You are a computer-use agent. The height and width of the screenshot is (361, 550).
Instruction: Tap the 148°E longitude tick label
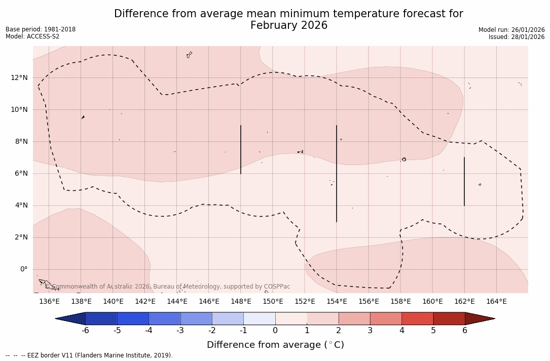241,302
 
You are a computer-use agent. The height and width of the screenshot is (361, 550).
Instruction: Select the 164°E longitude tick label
496,302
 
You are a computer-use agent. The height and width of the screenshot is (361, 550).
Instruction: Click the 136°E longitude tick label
49,302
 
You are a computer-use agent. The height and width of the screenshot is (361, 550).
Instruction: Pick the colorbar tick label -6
85,331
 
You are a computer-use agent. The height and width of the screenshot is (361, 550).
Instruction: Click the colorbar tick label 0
275,331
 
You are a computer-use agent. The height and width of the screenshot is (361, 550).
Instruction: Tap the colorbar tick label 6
465,331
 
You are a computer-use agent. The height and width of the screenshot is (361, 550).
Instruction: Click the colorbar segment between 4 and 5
417,318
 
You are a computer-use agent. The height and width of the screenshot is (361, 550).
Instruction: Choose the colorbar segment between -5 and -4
133,318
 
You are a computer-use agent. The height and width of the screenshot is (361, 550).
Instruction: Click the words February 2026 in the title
289,25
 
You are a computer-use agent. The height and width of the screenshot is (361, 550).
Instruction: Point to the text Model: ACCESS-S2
32,36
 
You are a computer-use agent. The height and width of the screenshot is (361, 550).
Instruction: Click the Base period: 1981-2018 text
41,29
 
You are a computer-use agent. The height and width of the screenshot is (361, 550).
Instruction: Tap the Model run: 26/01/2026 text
511,30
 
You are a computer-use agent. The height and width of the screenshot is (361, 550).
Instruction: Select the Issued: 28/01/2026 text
517,37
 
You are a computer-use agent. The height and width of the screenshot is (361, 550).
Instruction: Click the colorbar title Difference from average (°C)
275,345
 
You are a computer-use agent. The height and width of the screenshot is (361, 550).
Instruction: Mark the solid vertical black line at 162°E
464,181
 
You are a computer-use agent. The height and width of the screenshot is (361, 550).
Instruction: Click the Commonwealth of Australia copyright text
171,287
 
